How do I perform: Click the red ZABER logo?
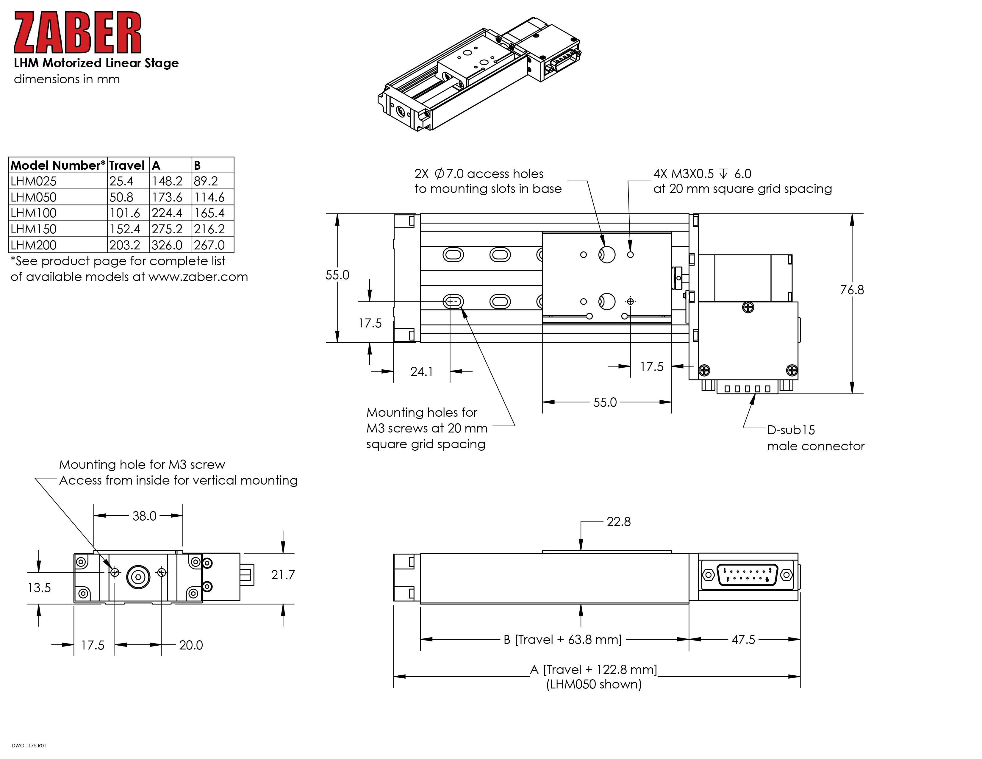click(77, 32)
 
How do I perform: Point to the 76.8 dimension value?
click(852, 290)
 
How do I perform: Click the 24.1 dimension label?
click(421, 371)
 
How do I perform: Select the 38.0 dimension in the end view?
click(144, 516)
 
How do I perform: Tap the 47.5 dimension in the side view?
click(743, 639)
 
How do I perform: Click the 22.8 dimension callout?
click(618, 521)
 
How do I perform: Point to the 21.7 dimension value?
click(283, 575)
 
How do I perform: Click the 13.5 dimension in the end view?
click(39, 588)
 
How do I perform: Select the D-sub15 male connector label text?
click(815, 438)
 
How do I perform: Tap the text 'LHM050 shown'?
click(594, 684)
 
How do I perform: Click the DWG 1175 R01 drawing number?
click(29, 746)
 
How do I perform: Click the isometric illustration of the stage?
click(479, 74)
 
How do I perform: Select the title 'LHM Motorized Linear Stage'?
click(96, 63)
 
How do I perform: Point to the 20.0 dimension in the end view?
click(191, 645)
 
